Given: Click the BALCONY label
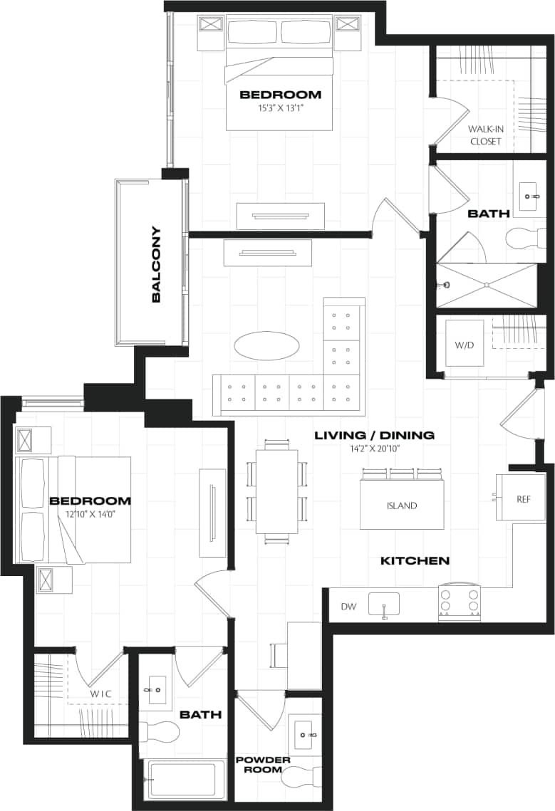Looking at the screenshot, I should click(x=156, y=265).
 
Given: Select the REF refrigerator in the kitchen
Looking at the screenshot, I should click(x=524, y=499).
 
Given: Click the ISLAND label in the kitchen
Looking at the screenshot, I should click(x=403, y=506).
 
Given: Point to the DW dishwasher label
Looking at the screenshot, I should click(x=348, y=607).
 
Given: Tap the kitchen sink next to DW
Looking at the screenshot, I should click(x=384, y=604).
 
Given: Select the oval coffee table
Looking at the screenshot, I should click(x=266, y=346).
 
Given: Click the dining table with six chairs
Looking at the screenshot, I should click(x=277, y=491).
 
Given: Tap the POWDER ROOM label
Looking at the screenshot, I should click(x=263, y=764).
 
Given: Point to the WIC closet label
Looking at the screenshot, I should click(x=100, y=693).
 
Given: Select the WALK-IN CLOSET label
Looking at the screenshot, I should click(x=484, y=135).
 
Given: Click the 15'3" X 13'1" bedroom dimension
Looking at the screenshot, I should click(x=280, y=109).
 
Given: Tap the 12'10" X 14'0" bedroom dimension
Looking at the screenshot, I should click(x=90, y=513).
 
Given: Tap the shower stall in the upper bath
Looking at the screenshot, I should click(x=487, y=285).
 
